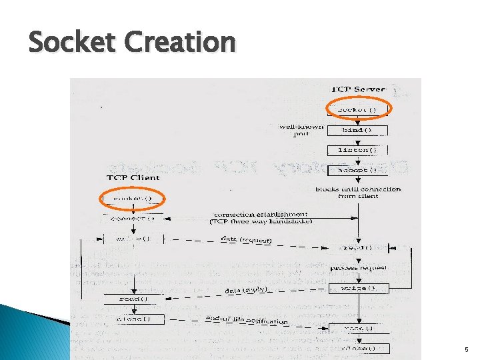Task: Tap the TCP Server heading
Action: (358, 89)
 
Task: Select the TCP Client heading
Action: (133, 178)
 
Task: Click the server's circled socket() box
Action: (359, 109)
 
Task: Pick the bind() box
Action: (359, 129)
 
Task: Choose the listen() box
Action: (359, 150)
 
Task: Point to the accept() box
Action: (359, 169)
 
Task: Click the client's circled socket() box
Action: (133, 198)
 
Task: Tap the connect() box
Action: (133, 218)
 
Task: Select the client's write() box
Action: (133, 238)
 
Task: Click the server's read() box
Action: (359, 247)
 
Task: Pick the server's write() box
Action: (359, 288)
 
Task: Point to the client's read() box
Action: (133, 299)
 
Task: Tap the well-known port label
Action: (301, 129)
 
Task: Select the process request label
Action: (359, 267)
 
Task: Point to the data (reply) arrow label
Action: (246, 291)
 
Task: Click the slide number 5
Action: (466, 349)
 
